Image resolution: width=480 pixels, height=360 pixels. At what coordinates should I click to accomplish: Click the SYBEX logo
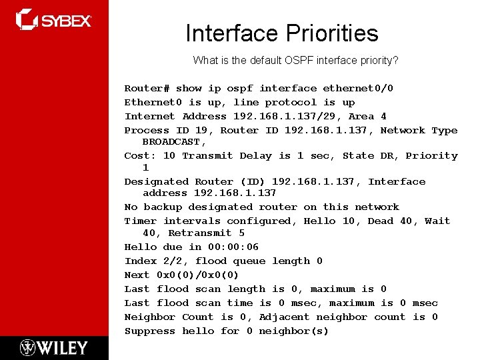click(54, 20)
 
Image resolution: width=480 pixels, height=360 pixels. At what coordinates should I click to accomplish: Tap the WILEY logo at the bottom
click(54, 347)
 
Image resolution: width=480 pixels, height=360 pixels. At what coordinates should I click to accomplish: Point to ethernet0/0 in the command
click(358, 88)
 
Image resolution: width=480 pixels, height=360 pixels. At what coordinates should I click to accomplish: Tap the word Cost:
click(141, 155)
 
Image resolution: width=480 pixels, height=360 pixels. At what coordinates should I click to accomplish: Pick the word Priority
click(431, 155)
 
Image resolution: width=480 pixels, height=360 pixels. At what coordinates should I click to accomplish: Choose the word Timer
click(140, 221)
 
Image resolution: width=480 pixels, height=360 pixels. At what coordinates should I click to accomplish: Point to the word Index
click(140, 261)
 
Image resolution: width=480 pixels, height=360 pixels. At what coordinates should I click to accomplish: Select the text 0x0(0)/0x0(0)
click(197, 275)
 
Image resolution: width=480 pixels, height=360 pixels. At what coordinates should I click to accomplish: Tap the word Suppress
click(149, 331)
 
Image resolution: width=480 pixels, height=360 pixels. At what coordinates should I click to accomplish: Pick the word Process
click(147, 130)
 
